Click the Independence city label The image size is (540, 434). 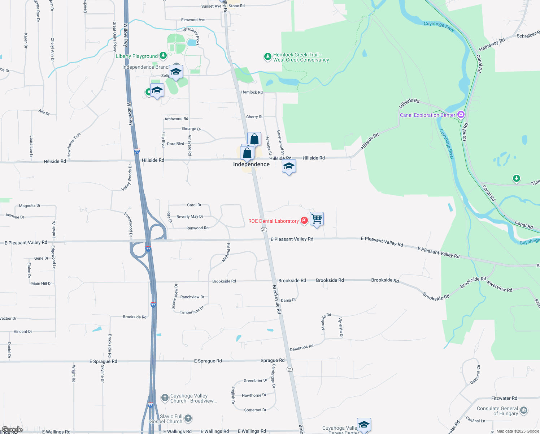[x=251, y=164]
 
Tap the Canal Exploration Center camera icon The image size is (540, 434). [x=461, y=115]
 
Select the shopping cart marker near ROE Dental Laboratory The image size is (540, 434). [x=317, y=219]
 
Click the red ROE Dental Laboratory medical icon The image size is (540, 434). [x=304, y=221]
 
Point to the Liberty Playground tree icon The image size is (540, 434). [x=163, y=56]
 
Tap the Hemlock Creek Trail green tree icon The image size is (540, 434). [x=267, y=57]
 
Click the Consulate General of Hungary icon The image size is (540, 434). [x=524, y=410]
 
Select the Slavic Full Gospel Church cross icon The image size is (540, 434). [x=188, y=418]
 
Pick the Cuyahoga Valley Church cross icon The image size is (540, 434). [x=165, y=398]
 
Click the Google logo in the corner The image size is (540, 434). [x=12, y=430]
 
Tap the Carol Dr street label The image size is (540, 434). [x=194, y=205]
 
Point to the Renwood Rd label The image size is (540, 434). [x=197, y=228]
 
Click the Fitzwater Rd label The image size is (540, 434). [x=504, y=398]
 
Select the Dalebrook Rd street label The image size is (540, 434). [x=302, y=348]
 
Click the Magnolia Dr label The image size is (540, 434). [x=30, y=206]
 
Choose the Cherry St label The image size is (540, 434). [x=254, y=117]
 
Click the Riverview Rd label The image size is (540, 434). [x=500, y=287]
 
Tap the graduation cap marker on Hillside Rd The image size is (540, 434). [x=289, y=166]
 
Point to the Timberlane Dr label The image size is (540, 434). [x=192, y=310]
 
